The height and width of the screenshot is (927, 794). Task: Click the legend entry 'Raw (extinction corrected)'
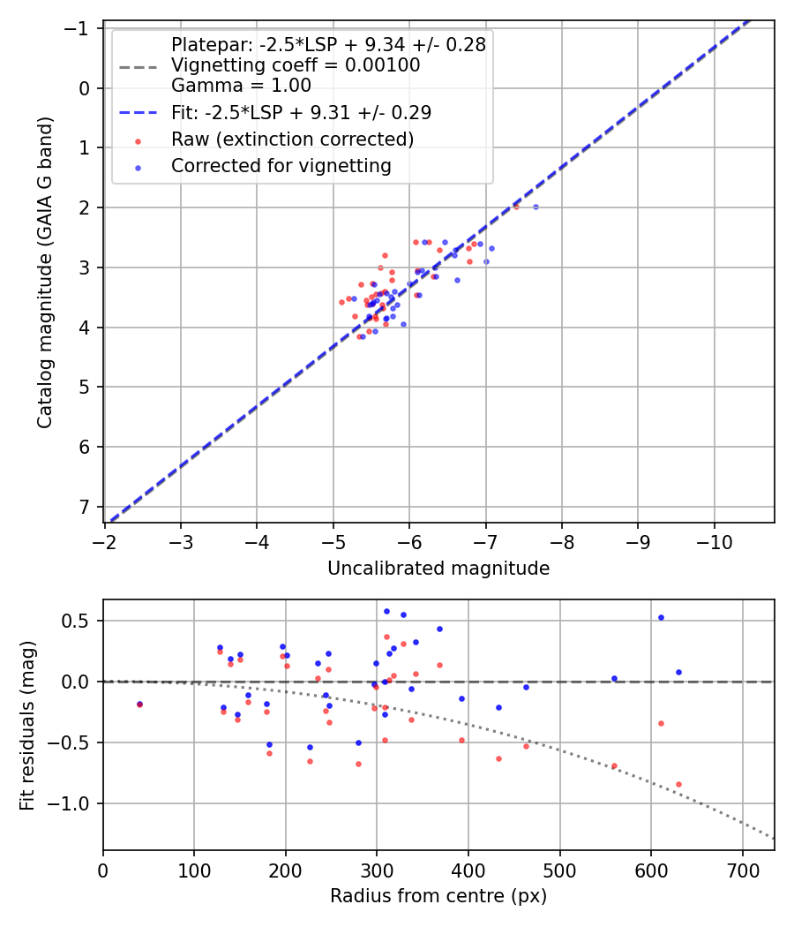(x=292, y=139)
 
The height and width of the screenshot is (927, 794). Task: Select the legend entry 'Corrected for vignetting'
(x=281, y=166)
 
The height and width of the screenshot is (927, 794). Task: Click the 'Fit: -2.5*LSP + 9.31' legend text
(x=301, y=113)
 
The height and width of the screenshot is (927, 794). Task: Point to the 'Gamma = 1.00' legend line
(x=241, y=86)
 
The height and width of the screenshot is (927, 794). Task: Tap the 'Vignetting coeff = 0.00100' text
(x=296, y=65)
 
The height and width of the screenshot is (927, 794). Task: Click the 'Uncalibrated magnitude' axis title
(x=438, y=569)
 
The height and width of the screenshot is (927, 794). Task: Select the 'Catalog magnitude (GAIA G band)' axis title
(x=45, y=272)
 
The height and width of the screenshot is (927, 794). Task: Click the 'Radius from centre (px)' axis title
(x=438, y=896)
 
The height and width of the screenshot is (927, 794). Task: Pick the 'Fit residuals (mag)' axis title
(x=27, y=725)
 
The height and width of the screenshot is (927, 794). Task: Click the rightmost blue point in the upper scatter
(x=536, y=207)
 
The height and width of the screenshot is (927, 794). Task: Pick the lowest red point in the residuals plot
(x=678, y=784)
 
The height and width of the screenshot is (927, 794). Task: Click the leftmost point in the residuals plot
(x=139, y=704)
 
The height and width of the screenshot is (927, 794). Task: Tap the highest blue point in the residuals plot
(x=386, y=611)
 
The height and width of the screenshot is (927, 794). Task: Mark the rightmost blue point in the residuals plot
(x=678, y=672)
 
